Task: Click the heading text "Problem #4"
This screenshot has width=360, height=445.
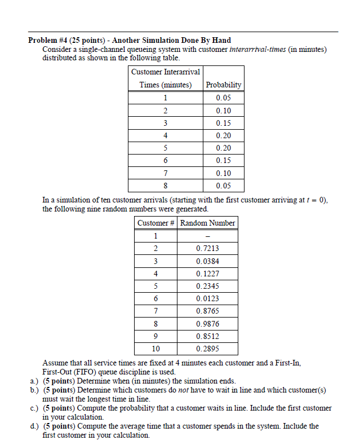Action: (49, 41)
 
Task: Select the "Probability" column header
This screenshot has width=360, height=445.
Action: (224, 85)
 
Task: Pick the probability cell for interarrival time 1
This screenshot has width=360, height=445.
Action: (223, 98)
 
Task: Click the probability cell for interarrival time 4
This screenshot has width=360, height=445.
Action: (223, 135)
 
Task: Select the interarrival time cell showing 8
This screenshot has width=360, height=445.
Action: (165, 186)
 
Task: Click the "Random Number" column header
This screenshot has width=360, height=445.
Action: (208, 223)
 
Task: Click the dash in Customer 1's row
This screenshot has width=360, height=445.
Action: (208, 236)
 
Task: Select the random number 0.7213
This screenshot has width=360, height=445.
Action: (208, 248)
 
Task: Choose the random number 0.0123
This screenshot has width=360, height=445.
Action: (208, 298)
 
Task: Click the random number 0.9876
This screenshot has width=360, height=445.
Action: (208, 324)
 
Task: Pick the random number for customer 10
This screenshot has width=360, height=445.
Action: (208, 349)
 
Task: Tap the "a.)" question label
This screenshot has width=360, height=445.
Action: (34, 381)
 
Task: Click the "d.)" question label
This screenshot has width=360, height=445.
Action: (34, 426)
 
